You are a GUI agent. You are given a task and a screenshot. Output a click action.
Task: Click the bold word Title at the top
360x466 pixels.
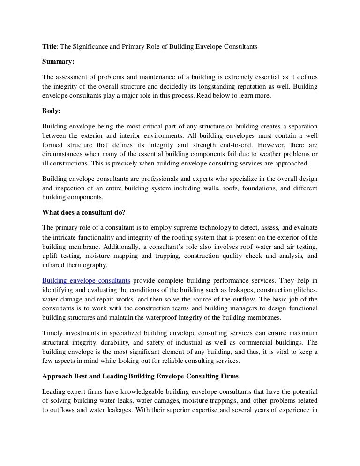49,47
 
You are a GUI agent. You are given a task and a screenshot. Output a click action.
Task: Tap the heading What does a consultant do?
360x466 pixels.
83,212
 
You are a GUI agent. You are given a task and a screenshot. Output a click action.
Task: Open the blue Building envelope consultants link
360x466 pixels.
86,280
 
